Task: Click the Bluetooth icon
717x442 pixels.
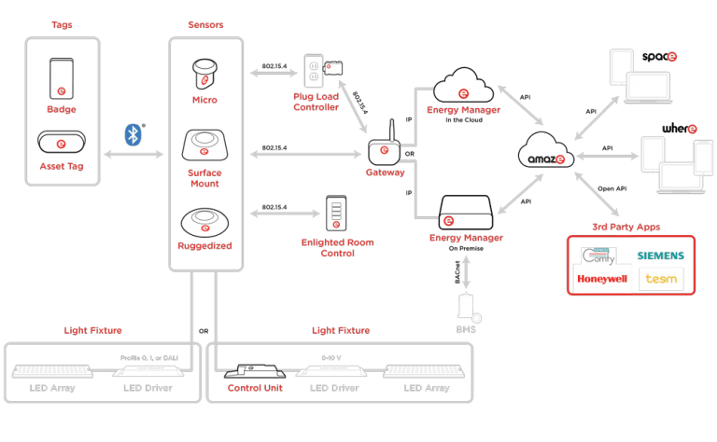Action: [133, 135]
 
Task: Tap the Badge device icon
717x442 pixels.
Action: [61, 80]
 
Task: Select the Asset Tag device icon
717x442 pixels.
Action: [61, 145]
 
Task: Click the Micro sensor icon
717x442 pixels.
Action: [205, 73]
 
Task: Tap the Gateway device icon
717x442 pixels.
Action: [385, 151]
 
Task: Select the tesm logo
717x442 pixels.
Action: [660, 279]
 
